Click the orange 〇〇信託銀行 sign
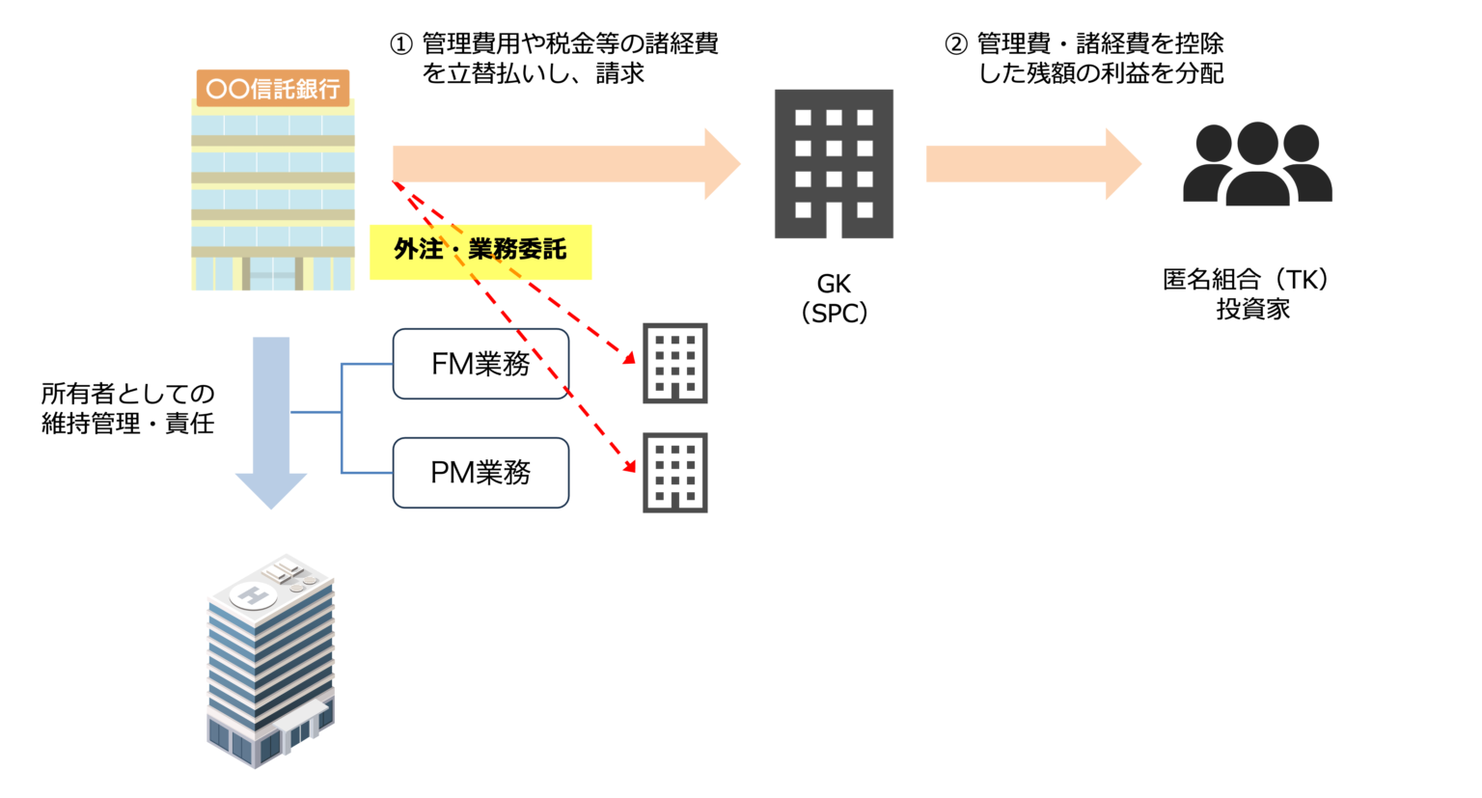(x=272, y=89)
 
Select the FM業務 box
(x=480, y=364)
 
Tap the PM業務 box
(x=480, y=473)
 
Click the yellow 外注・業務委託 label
(x=480, y=251)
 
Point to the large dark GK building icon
(x=834, y=164)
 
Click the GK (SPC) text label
(x=834, y=298)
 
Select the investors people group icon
(x=1257, y=164)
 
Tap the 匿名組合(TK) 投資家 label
(x=1251, y=294)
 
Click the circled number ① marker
(x=400, y=44)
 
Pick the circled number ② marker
(x=955, y=44)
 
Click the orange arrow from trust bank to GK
(x=565, y=164)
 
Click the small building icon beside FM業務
(x=675, y=363)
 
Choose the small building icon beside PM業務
(x=675, y=472)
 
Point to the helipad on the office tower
(x=254, y=595)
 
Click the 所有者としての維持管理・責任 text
(x=127, y=408)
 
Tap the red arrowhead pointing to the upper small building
(x=629, y=358)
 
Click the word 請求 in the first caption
(x=619, y=73)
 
